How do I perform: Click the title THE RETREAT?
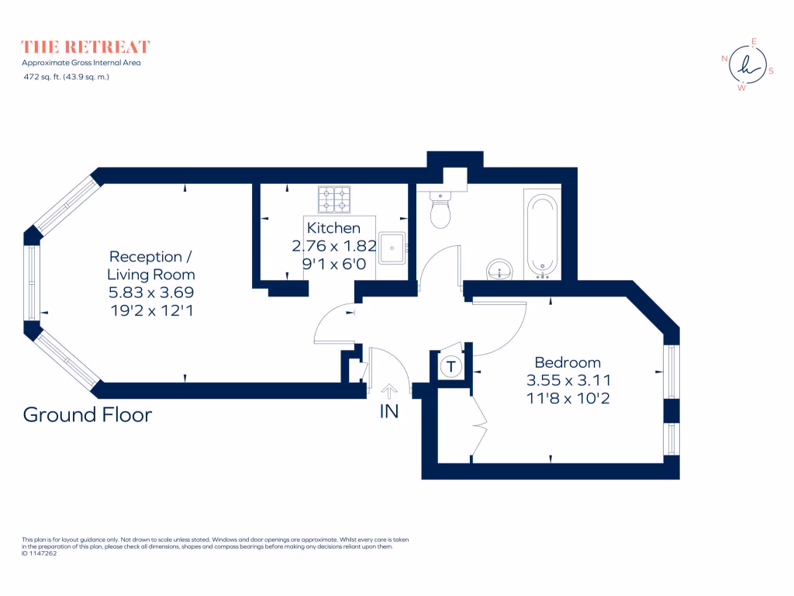click(85, 47)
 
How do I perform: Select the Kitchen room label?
click(333, 228)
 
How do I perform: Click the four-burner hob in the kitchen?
click(334, 199)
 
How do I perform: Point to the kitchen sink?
click(392, 248)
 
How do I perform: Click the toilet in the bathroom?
click(440, 212)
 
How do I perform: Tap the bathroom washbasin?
click(500, 271)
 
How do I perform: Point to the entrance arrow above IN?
click(389, 390)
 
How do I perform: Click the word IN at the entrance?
click(389, 412)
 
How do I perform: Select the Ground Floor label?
click(88, 414)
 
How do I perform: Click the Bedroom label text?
click(568, 362)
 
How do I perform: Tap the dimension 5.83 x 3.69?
click(151, 293)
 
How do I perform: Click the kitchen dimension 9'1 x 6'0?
click(333, 264)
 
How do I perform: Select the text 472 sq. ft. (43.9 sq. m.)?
click(66, 76)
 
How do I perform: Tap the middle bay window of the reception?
click(31, 283)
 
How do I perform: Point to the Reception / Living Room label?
click(151, 265)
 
